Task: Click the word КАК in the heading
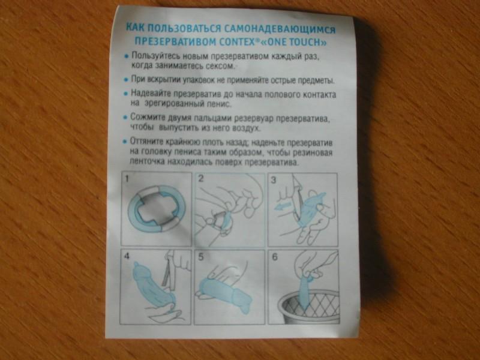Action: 136,28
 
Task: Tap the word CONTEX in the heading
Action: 238,41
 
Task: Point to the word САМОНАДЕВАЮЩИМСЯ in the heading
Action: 280,29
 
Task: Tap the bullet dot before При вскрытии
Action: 125,80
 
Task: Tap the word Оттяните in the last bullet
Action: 146,142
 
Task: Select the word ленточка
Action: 145,161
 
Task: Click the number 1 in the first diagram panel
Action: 127,178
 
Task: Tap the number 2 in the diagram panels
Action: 201,178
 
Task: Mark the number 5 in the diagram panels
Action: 201,257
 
